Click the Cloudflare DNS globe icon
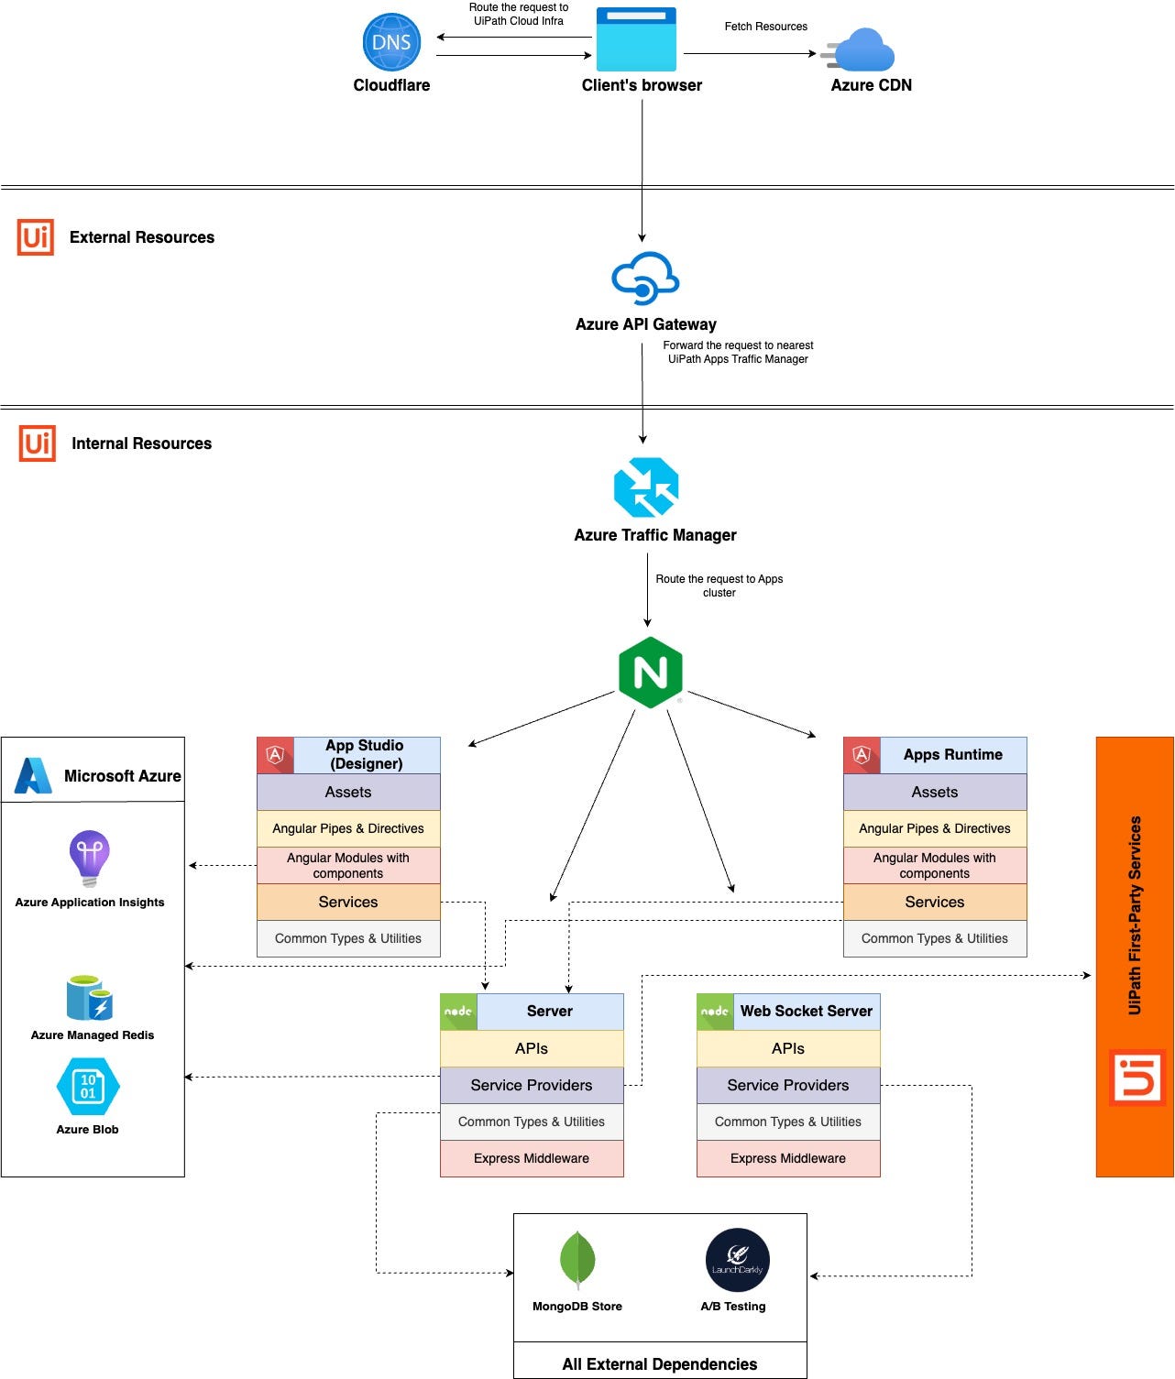coord(391,42)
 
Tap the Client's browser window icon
coord(636,39)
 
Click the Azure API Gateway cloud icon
coord(645,278)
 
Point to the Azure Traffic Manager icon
coord(646,487)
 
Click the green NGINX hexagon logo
coord(650,673)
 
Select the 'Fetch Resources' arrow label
coord(765,27)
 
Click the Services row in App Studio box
coord(348,902)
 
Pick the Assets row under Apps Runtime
coord(934,792)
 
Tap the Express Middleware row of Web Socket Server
coord(787,1158)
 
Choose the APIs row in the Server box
coord(532,1048)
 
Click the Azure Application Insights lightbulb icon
coord(90,858)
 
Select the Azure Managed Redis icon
coord(89,998)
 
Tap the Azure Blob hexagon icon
coord(88,1087)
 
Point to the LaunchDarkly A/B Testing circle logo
coord(737,1260)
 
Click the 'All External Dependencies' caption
coord(659,1363)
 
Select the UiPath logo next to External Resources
coord(36,237)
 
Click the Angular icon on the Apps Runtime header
coord(862,755)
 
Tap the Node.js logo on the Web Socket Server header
coord(715,1012)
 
